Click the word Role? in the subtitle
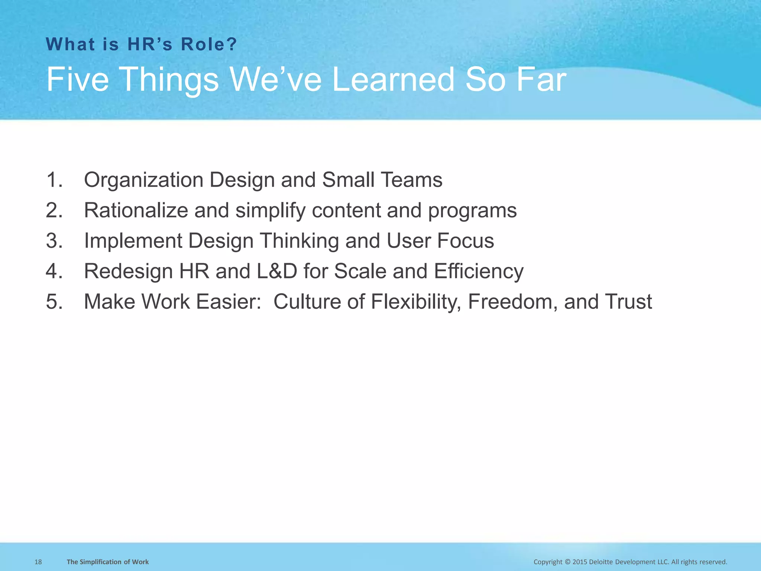tap(209, 45)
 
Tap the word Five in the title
tap(77, 80)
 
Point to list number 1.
tap(54, 180)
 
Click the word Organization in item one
tap(143, 180)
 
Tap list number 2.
tap(54, 210)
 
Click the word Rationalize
tap(136, 210)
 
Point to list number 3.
tap(54, 241)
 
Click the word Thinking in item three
tap(299, 241)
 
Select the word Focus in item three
tap(466, 241)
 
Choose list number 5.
tap(54, 301)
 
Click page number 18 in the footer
tap(38, 562)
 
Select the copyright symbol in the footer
tap(567, 562)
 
